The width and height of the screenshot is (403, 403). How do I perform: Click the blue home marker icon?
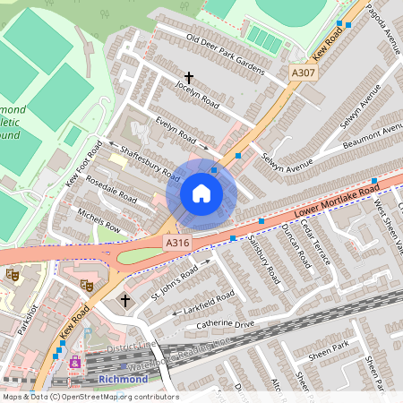coord(201,193)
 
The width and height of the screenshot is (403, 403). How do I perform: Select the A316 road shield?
coord(176,243)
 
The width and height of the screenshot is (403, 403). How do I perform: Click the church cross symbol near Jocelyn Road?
coord(189,79)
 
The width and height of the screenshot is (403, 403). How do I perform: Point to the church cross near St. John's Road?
coord(124,300)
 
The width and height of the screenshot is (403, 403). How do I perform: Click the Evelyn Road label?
coord(175,132)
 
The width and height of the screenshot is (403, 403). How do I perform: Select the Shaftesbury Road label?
coord(144,162)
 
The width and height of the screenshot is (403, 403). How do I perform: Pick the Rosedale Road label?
coord(116,189)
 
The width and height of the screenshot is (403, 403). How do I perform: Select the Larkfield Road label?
coord(205,302)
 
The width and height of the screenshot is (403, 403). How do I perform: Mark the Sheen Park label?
coord(327,347)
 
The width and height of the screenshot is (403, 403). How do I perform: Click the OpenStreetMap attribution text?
coord(90,397)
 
